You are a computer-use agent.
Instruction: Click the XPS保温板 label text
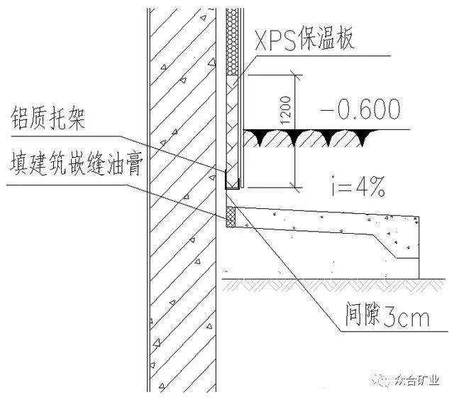coord(304,39)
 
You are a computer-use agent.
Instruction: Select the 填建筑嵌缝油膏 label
coord(77,166)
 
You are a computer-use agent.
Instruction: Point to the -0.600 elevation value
coord(360,109)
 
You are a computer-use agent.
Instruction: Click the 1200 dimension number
coord(285,110)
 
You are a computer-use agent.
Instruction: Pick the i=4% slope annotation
coord(358,187)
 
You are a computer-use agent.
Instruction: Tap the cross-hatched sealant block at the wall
coord(231,217)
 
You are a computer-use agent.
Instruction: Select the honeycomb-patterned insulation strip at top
coord(232,41)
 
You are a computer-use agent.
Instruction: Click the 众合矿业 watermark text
coord(417,380)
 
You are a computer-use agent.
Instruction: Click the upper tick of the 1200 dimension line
coord(295,75)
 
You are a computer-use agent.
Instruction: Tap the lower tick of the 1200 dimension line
coord(295,188)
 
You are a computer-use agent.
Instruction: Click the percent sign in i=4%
coord(377,187)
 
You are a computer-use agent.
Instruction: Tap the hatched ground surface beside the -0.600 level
coord(310,138)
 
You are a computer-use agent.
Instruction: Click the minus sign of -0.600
coord(326,110)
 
